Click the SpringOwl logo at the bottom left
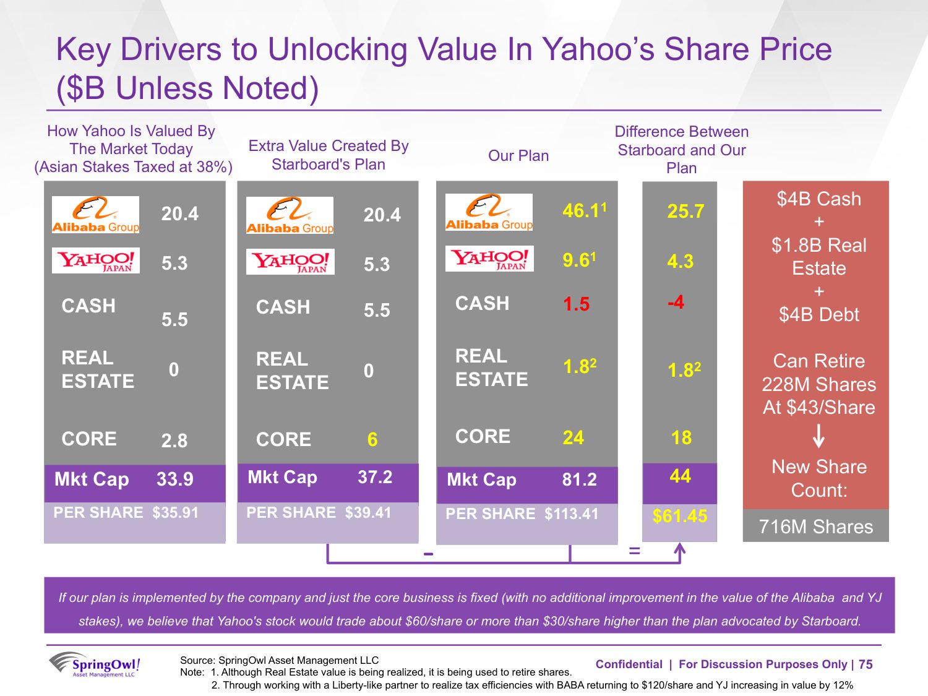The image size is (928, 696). click(95, 665)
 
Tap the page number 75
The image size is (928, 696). click(866, 664)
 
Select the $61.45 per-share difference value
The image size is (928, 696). click(679, 516)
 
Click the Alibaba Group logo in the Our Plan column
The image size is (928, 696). click(489, 212)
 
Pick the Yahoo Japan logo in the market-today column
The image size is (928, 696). click(96, 260)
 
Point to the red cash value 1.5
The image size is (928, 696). click(576, 304)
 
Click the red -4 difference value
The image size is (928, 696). click(676, 303)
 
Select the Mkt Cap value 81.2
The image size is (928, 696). click(579, 479)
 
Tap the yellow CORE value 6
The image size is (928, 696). click(372, 439)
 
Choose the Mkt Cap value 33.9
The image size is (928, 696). click(174, 479)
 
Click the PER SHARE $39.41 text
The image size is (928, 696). click(319, 512)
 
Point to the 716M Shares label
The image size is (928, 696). click(815, 526)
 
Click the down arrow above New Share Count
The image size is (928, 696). click(818, 436)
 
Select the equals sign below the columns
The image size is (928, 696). click(634, 550)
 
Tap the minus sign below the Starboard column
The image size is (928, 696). click(428, 554)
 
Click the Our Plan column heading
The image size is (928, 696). click(518, 156)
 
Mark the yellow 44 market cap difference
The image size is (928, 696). click(680, 476)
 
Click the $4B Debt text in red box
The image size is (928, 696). click(818, 315)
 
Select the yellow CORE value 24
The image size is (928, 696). click(573, 438)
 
